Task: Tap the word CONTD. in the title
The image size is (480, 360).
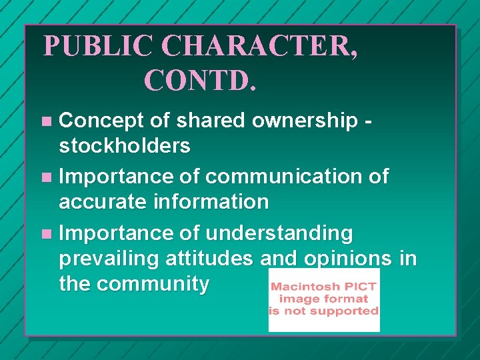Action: coord(199,80)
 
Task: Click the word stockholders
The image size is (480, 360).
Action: coord(125,145)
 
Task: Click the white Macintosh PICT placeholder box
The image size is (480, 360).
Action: coord(324,300)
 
